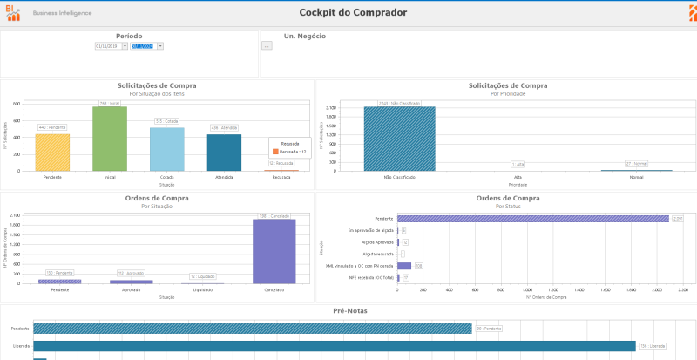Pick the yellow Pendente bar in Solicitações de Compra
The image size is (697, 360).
click(x=52, y=152)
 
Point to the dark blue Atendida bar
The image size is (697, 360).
click(x=224, y=152)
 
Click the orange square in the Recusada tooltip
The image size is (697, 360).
click(x=275, y=152)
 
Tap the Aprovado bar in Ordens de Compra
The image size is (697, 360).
click(x=131, y=282)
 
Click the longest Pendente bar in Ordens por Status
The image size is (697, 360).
click(x=533, y=219)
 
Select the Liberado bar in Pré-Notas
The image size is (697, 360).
click(x=335, y=346)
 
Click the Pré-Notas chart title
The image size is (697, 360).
click(x=348, y=310)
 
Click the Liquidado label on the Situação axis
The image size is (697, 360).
click(x=202, y=289)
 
